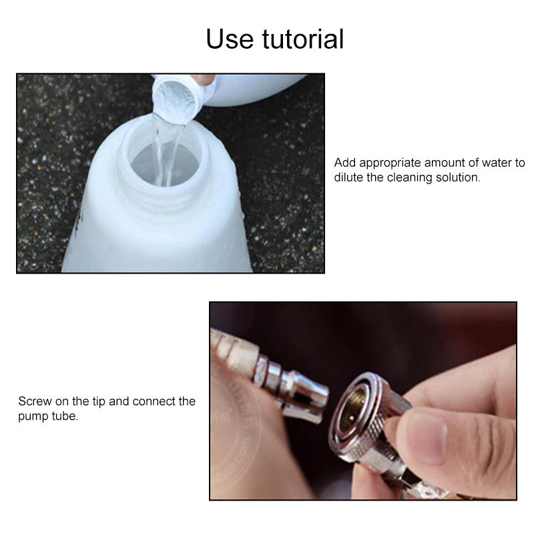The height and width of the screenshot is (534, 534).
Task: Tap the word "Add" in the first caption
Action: tap(344, 163)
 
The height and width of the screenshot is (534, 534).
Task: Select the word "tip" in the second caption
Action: tap(99, 401)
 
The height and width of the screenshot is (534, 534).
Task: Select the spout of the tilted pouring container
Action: tap(176, 99)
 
